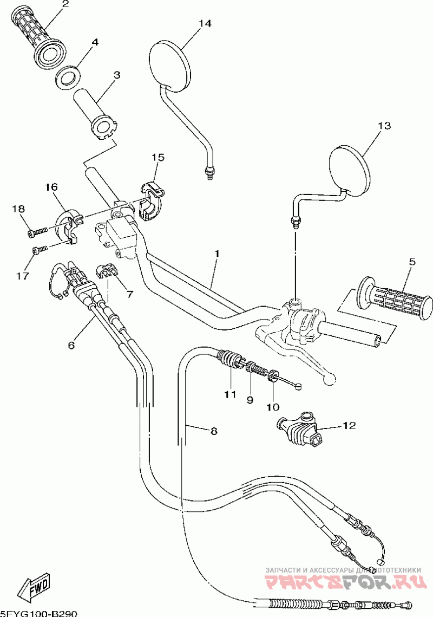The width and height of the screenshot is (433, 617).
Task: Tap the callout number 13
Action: click(384, 126)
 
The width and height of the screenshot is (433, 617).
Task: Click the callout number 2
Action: click(65, 4)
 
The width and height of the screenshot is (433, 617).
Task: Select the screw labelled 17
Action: click(38, 250)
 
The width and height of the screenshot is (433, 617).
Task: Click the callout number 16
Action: click(51, 187)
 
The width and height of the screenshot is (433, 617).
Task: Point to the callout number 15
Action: click(158, 157)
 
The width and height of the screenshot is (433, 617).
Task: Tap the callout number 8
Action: click(213, 431)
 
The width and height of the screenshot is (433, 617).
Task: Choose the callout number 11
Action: click(230, 394)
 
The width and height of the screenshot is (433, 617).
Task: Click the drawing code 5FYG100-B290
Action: click(38, 613)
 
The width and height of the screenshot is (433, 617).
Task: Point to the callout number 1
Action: click(216, 253)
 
